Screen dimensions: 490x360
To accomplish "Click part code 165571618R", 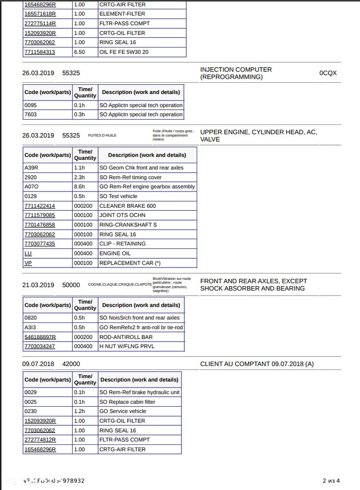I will pyautogui.click(x=40, y=14).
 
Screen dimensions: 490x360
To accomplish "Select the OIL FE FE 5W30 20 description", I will pyautogui.click(x=124, y=52).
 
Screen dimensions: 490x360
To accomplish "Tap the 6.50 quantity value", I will pyautogui.click(x=79, y=52).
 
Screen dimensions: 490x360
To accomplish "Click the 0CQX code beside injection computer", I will pyautogui.click(x=328, y=73).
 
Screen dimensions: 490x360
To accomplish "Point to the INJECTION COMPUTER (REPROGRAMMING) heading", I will pyautogui.click(x=236, y=73).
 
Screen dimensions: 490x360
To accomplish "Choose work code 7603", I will pyautogui.click(x=30, y=115).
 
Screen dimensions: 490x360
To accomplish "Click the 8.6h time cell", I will pyautogui.click(x=79, y=187).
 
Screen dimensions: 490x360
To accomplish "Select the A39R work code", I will pyautogui.click(x=31, y=168).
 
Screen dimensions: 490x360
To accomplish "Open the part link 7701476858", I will pyautogui.click(x=40, y=225).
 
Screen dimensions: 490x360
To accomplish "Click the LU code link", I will pyautogui.click(x=28, y=253).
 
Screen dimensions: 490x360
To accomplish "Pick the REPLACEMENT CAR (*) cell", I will pyautogui.click(x=130, y=263).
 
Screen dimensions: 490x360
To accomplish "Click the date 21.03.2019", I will pyautogui.click(x=38, y=285).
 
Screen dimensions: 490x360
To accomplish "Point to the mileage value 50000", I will pyautogui.click(x=71, y=285).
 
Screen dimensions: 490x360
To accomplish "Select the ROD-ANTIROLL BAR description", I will pyautogui.click(x=126, y=337).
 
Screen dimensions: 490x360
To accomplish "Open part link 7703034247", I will pyautogui.click(x=40, y=346).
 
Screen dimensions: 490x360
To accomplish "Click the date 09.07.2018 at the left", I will pyautogui.click(x=38, y=364).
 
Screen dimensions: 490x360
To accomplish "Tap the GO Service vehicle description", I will pyautogui.click(x=123, y=411).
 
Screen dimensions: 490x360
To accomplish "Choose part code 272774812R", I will pyautogui.click(x=40, y=440).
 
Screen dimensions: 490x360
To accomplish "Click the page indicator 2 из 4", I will pyautogui.click(x=331, y=481).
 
